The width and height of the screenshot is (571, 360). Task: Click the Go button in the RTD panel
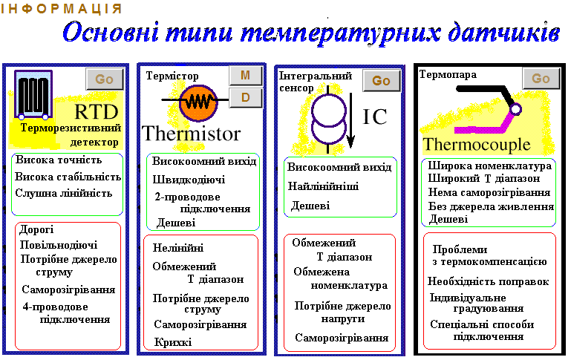[105, 79]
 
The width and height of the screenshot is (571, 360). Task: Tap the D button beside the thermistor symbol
[246, 97]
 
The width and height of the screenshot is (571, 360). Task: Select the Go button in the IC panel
[381, 81]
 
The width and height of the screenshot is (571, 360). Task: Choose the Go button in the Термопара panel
[541, 78]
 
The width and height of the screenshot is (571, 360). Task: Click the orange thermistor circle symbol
[198, 103]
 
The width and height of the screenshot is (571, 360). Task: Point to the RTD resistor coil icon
[33, 94]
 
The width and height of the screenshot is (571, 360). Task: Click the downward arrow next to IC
[350, 120]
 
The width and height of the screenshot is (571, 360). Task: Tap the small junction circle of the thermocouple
[515, 109]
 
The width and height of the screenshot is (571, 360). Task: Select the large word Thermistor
[191, 133]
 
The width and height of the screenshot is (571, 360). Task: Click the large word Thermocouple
[477, 145]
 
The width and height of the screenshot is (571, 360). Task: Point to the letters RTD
[97, 112]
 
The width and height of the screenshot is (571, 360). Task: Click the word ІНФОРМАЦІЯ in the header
[61, 8]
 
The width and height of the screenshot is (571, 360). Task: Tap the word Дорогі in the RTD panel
[36, 229]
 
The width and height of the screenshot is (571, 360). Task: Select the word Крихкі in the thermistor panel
[172, 341]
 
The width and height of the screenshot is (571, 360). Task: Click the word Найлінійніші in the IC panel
[324, 186]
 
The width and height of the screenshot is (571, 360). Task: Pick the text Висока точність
[59, 160]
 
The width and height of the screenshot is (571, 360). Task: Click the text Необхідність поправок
[488, 281]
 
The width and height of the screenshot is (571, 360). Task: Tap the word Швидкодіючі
[189, 180]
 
